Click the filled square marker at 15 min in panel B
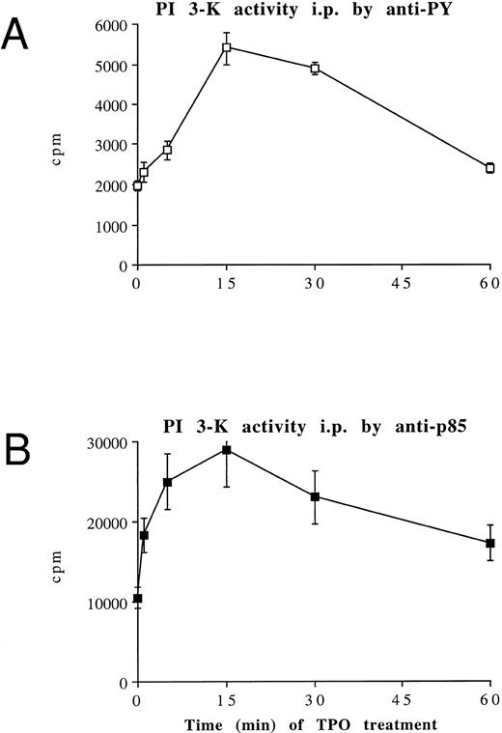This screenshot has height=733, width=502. pyautogui.click(x=226, y=450)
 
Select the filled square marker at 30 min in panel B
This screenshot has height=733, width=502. pyautogui.click(x=315, y=496)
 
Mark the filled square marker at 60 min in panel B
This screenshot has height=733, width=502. pyautogui.click(x=489, y=544)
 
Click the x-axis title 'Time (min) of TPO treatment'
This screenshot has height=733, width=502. pyautogui.click(x=314, y=723)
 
